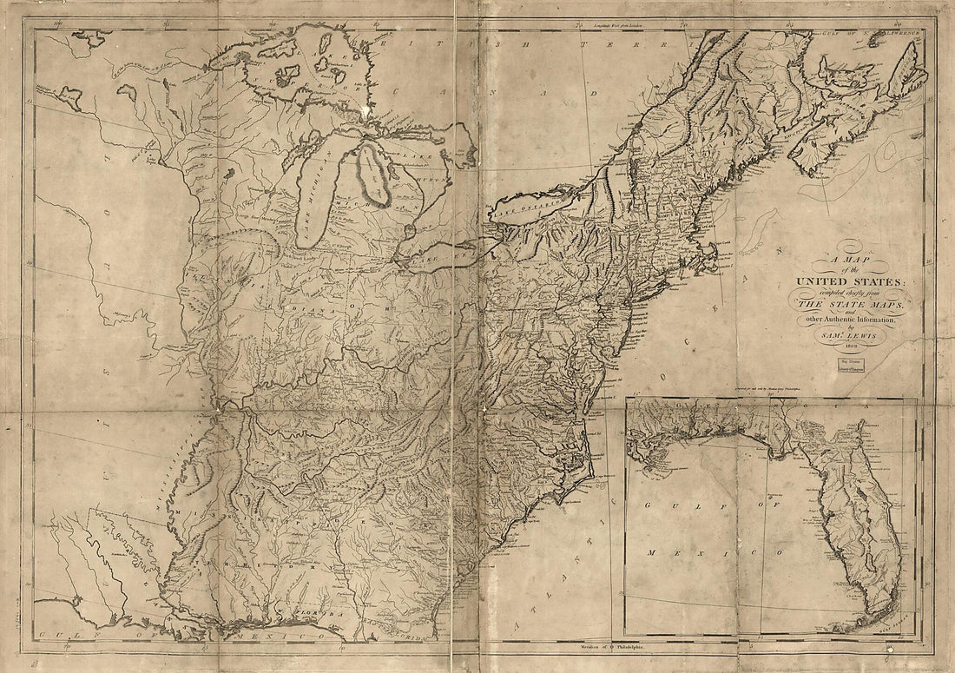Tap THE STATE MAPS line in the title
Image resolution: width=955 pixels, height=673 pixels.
[x=849, y=307]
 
